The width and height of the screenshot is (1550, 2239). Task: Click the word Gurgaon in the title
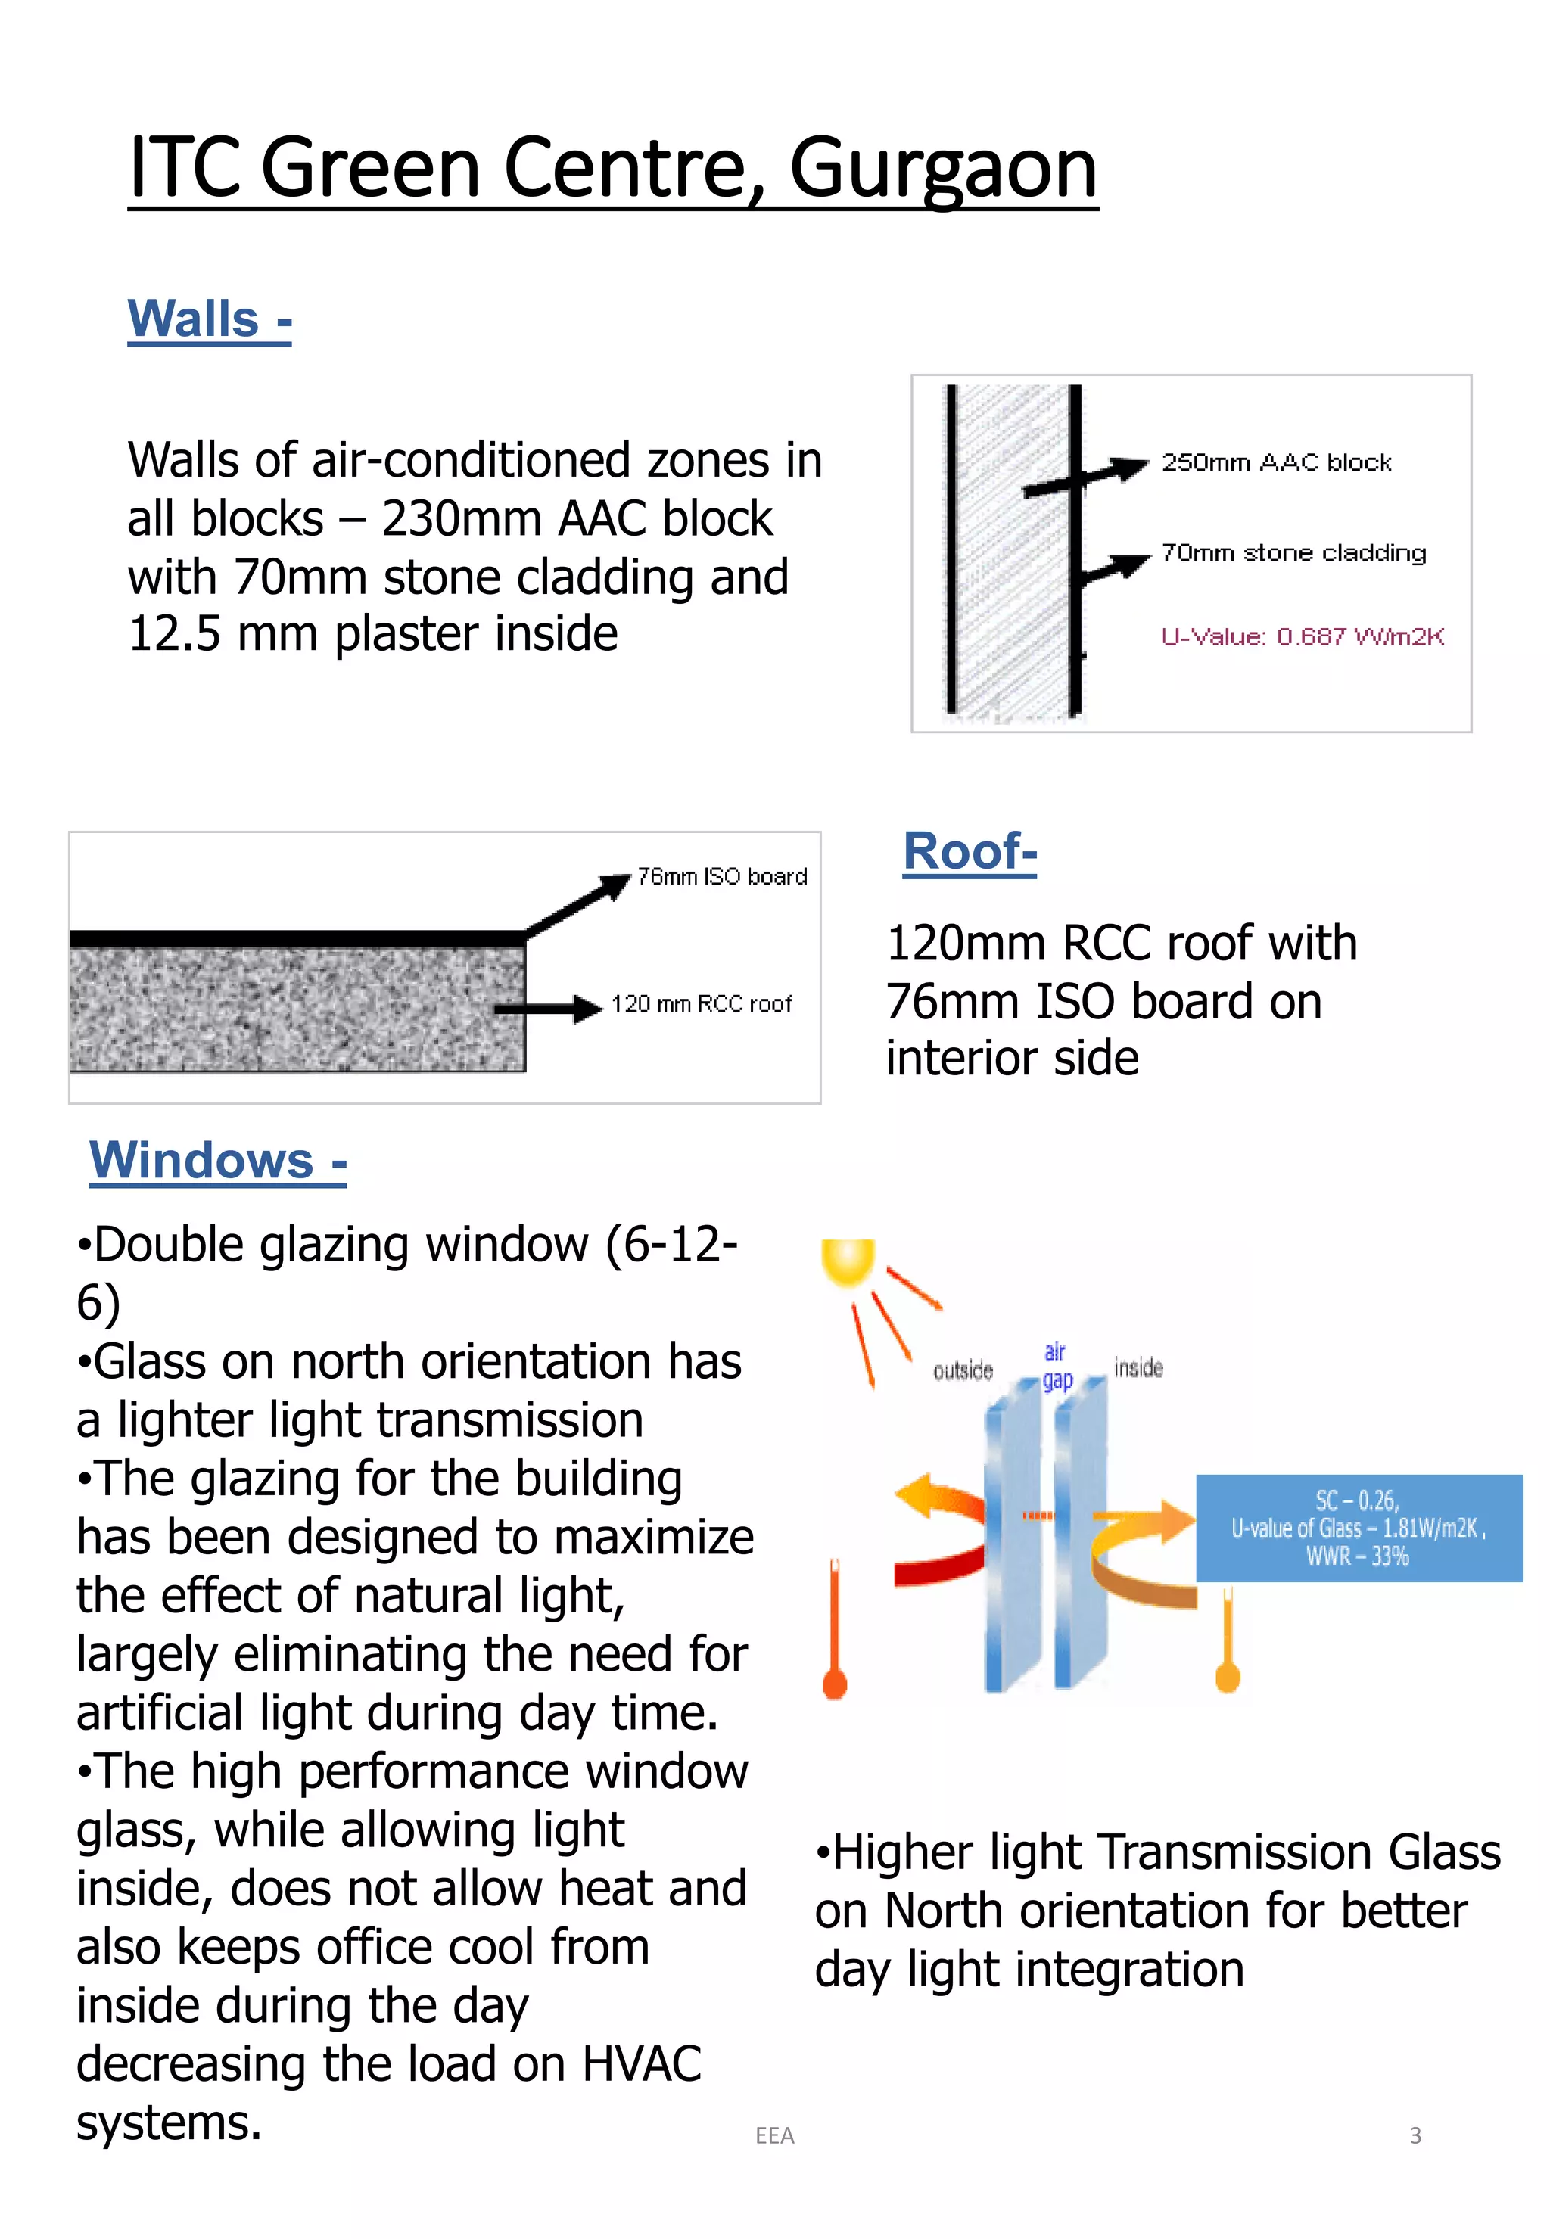(942, 168)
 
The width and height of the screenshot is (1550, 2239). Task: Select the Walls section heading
(209, 319)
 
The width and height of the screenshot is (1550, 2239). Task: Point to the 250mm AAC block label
(1276, 462)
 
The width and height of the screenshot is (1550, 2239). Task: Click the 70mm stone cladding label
(1293, 553)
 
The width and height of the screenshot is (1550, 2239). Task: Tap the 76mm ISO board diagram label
(721, 877)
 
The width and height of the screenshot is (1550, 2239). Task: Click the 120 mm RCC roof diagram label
(701, 1004)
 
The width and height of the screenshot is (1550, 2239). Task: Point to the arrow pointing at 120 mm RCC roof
(549, 1009)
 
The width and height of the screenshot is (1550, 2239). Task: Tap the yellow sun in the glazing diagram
(848, 1262)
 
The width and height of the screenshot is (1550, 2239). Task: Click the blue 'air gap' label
(1057, 1365)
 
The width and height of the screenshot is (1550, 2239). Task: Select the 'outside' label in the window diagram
(963, 1370)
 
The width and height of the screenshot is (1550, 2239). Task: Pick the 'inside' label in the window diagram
(1138, 1368)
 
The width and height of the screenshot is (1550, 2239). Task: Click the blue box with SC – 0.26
(1358, 1527)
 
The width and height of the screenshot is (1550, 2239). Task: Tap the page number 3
(1415, 2135)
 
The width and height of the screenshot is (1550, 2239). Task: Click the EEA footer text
(774, 2135)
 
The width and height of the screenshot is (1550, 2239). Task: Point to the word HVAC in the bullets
(641, 2063)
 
